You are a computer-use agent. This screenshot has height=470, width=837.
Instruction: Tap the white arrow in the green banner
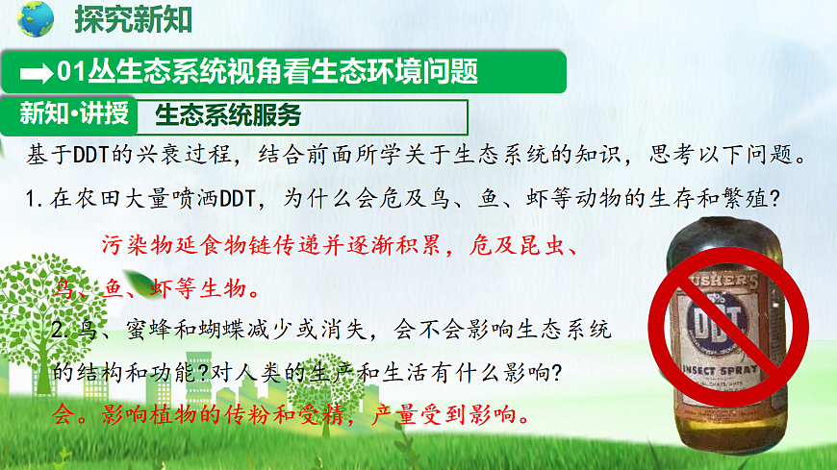tap(38, 72)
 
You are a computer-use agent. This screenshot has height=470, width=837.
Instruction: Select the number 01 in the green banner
tap(67, 72)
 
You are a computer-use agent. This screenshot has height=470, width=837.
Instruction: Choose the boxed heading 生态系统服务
tap(227, 116)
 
